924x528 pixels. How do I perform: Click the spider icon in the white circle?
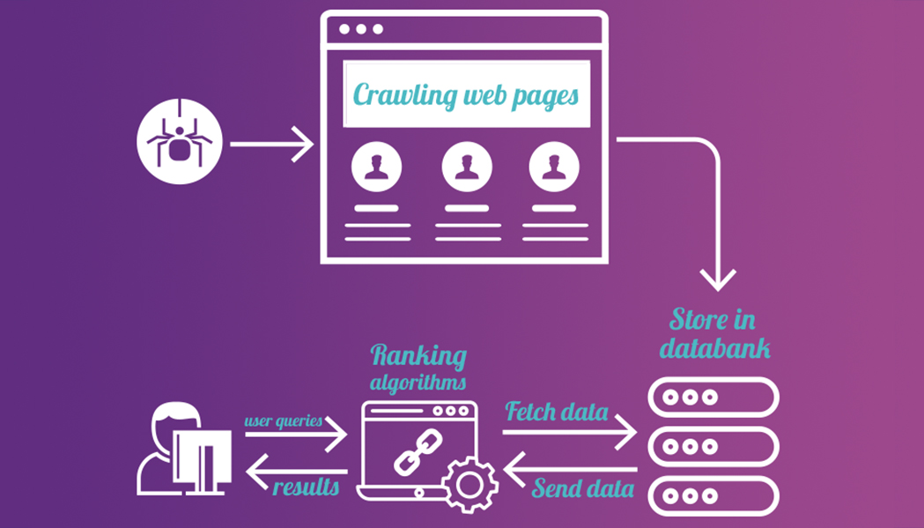click(x=180, y=141)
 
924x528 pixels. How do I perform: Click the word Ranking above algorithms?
click(x=418, y=355)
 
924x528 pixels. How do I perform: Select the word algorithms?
click(x=418, y=383)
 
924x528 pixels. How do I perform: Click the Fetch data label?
click(x=556, y=411)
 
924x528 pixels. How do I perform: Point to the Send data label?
click(x=582, y=487)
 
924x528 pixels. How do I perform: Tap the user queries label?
click(x=283, y=420)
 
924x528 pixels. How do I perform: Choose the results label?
click(x=305, y=487)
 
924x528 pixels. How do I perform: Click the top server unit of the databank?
click(x=713, y=397)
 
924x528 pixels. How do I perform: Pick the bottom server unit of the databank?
click(x=713, y=495)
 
